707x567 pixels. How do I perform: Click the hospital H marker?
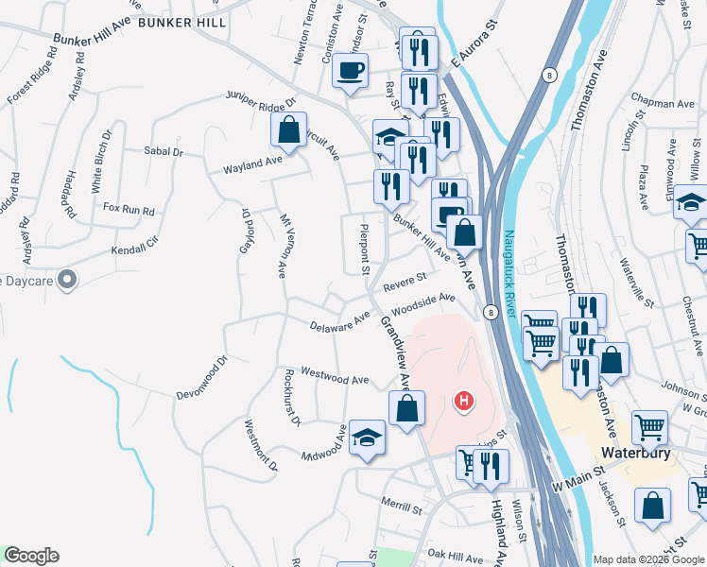coord(463,401)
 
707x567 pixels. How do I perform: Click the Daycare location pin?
coord(66,280)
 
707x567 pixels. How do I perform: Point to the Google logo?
coord(31,556)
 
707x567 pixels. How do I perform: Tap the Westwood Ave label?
coord(335,376)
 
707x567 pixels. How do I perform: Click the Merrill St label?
coord(402,507)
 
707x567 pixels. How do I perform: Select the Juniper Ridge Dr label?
coord(261,98)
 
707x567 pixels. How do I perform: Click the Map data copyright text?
coord(647,559)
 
